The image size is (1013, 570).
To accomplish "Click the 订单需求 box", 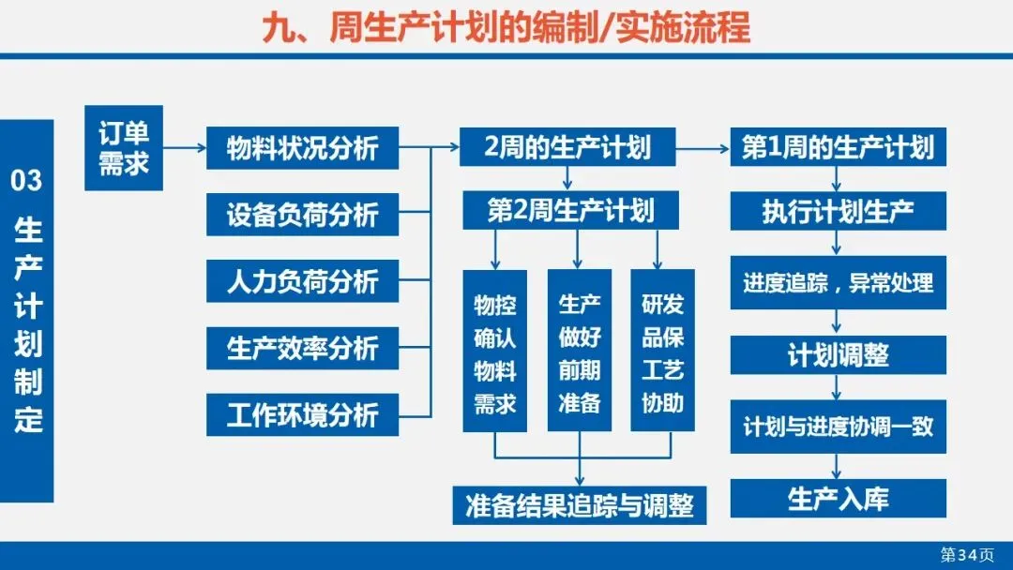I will (x=124, y=148).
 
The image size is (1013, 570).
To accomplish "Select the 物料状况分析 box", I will (x=303, y=148).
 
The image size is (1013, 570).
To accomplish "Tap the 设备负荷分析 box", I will (x=303, y=215).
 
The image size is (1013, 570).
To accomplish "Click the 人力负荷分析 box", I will (x=303, y=281).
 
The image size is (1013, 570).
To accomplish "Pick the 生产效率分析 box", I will (x=303, y=348).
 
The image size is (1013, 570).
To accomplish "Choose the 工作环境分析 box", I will (x=303, y=414).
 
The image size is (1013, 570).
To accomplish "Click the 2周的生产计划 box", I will (x=567, y=147).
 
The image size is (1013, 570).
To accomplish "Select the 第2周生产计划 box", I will (x=570, y=209).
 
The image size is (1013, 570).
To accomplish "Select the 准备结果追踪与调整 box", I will (x=579, y=505).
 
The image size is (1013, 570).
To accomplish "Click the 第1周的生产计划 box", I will (x=838, y=147).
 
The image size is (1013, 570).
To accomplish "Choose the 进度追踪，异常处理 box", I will (x=838, y=281).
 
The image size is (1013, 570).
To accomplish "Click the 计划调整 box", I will (x=838, y=355).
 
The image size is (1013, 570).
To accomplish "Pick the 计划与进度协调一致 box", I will (x=838, y=427).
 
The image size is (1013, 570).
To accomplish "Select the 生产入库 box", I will (x=838, y=499).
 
